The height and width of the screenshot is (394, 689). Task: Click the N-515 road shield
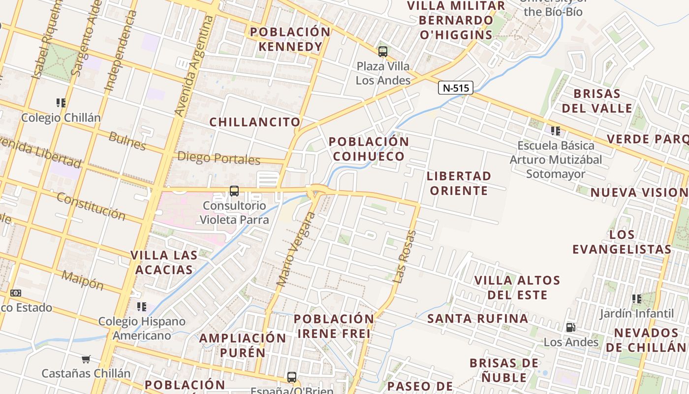click(455, 88)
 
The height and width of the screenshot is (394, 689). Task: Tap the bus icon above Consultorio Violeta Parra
click(234, 191)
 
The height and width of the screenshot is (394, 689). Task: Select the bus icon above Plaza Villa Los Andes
click(382, 51)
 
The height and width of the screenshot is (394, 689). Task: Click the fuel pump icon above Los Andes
click(570, 328)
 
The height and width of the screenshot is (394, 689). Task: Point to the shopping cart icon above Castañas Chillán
click(86, 359)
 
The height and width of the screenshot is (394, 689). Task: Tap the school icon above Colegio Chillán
click(61, 103)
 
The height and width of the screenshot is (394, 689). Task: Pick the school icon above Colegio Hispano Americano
click(142, 307)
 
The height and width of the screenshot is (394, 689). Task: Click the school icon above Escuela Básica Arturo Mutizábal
click(556, 131)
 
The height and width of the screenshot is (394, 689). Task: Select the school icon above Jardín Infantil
click(636, 298)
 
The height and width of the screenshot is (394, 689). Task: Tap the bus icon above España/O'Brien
click(292, 377)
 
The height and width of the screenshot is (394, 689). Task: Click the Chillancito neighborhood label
click(254, 122)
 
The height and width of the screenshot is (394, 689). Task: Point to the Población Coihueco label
click(369, 149)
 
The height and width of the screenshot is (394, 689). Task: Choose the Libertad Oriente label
click(459, 183)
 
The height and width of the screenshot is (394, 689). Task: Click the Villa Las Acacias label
click(164, 263)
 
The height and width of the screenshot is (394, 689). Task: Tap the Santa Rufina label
click(477, 319)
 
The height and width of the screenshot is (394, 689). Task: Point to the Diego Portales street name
click(219, 158)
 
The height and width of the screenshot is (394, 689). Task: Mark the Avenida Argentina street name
click(195, 66)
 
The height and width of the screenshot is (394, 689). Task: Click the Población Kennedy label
click(290, 39)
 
